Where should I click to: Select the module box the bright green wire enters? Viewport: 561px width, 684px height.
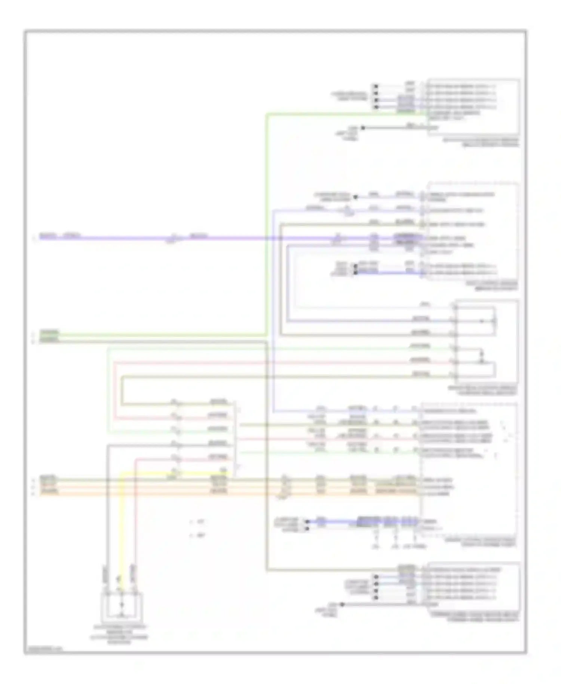[x=473, y=107]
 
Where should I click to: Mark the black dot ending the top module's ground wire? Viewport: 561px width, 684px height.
[x=362, y=128]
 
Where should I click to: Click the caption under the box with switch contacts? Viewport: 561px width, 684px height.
[x=482, y=391]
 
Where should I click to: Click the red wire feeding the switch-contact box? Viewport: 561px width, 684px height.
[x=262, y=362]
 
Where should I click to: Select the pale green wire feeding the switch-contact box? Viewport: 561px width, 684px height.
[x=262, y=348]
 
